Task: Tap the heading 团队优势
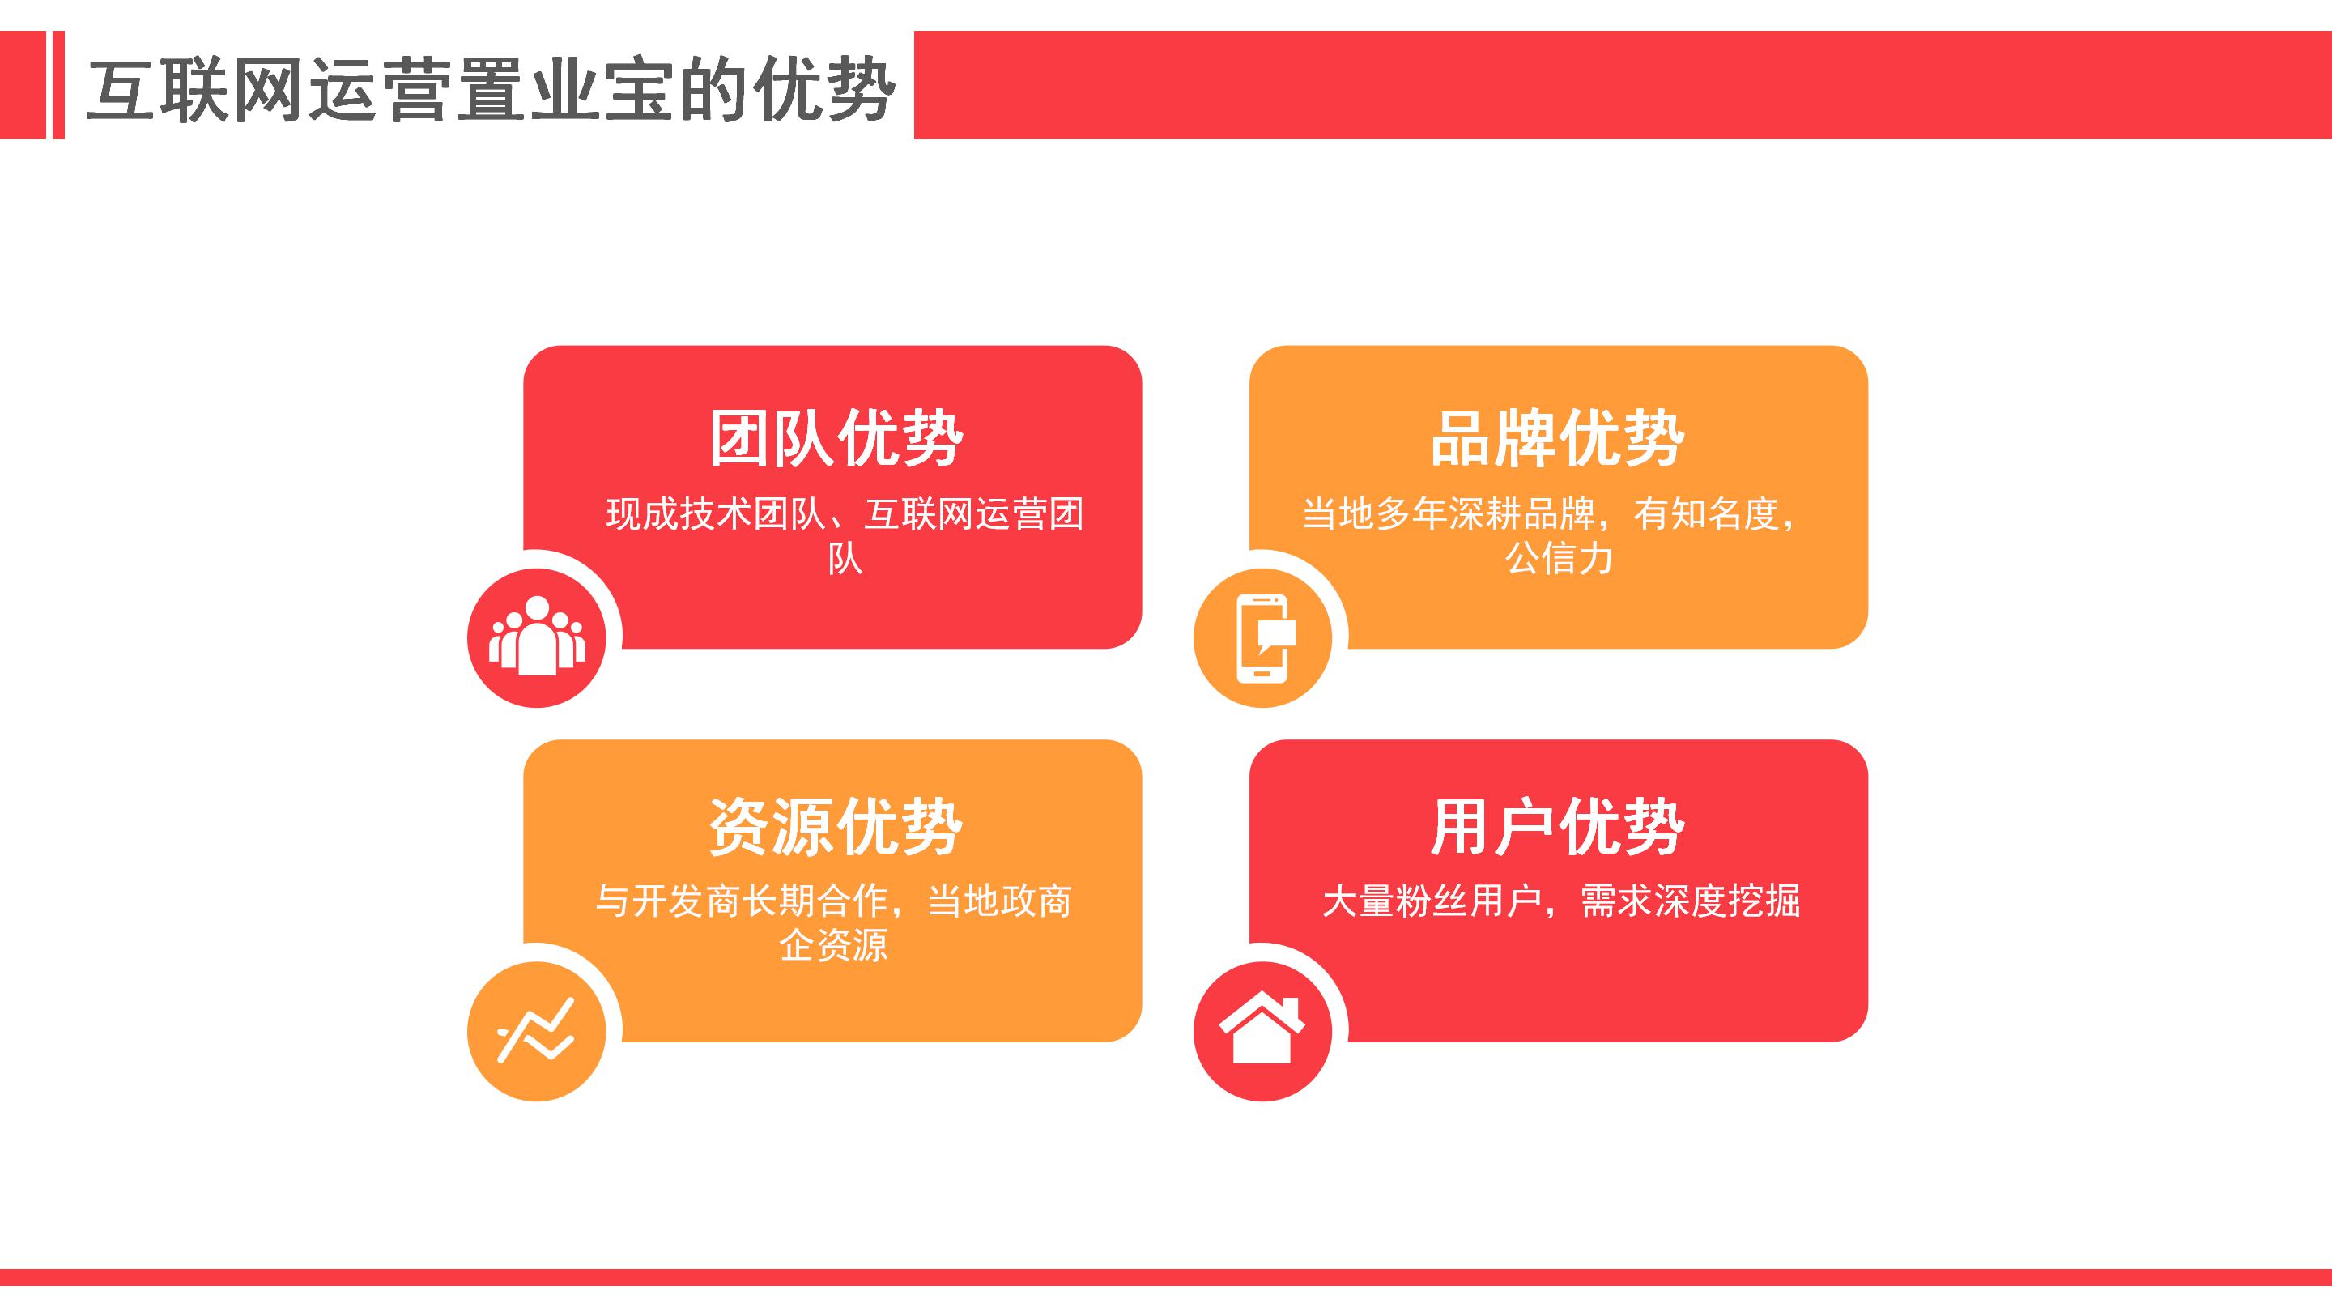click(836, 438)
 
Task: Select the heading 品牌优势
click(1558, 438)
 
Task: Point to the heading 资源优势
click(836, 826)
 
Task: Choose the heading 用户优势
click(1558, 826)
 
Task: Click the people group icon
click(537, 636)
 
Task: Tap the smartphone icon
click(1264, 637)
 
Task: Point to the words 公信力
click(1559, 558)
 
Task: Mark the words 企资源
click(834, 945)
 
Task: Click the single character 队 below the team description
click(845, 559)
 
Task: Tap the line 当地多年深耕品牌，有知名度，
click(1551, 513)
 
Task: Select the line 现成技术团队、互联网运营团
click(845, 513)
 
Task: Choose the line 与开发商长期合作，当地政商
click(834, 900)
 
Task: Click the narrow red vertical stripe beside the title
click(59, 85)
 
